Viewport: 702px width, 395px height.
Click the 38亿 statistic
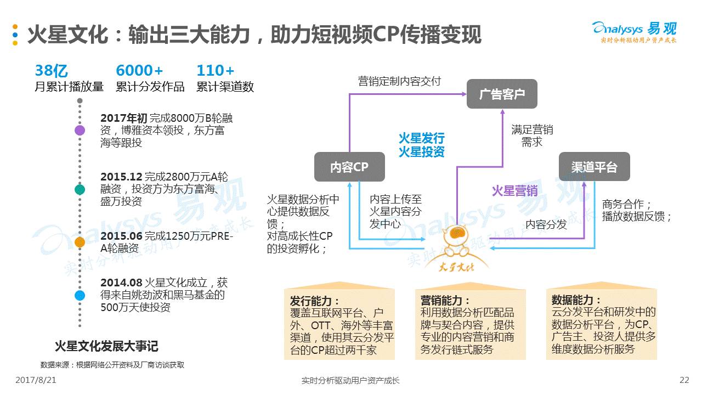pos(51,71)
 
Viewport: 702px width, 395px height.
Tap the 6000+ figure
pos(139,71)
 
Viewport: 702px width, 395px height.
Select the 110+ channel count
pos(215,71)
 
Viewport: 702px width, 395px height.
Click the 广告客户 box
pos(502,94)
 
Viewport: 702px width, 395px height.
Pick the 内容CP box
pos(349,167)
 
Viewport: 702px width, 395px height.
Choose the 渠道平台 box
pos(594,167)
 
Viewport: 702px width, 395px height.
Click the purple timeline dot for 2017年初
pos(80,131)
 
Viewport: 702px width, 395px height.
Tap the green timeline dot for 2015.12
pos(80,189)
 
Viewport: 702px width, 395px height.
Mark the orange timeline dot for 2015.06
pos(80,242)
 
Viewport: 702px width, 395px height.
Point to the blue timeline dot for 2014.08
pos(80,295)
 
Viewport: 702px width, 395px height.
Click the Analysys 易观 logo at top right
pos(635,31)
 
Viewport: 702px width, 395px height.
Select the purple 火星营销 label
pos(514,190)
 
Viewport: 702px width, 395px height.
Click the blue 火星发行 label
pos(421,138)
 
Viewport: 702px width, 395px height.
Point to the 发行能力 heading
pos(315,301)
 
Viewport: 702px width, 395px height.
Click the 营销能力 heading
pos(445,301)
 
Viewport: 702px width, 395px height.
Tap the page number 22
pos(684,380)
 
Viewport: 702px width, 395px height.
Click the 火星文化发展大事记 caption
pos(106,346)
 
